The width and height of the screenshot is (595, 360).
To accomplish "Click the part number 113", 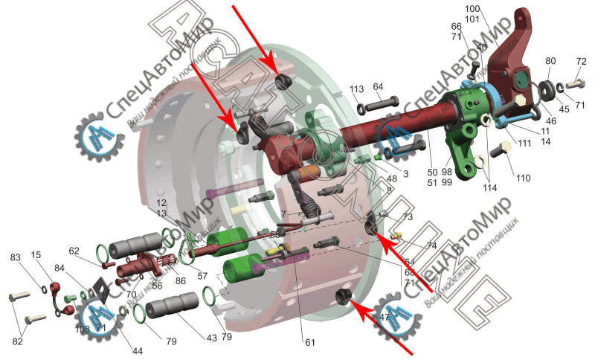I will (357, 89).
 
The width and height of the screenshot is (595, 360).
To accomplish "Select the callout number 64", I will (378, 87).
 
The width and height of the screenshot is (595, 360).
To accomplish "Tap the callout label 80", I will (550, 61).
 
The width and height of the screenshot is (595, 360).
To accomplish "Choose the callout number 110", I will (524, 179).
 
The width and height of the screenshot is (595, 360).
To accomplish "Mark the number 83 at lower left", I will (16, 257).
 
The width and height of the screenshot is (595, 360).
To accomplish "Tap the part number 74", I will (432, 245).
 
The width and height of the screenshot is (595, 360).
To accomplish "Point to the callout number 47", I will (385, 317).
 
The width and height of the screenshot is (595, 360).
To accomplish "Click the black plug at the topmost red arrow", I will (283, 80).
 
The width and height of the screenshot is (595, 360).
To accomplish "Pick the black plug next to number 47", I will (343, 298).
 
